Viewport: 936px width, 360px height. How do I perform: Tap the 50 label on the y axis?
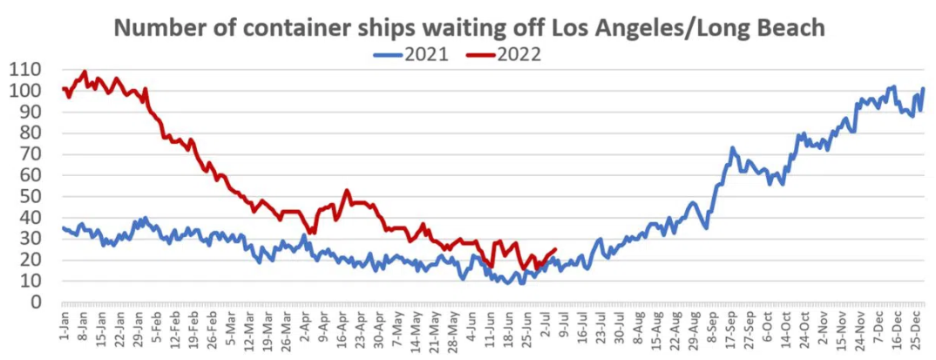point(31,197)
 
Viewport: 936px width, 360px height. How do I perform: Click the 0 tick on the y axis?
point(36,302)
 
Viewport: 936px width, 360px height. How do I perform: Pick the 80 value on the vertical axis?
point(31,133)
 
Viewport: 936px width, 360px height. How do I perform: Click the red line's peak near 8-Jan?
point(85,71)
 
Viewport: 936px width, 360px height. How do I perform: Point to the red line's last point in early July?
point(556,249)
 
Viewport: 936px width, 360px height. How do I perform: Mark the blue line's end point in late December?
point(923,89)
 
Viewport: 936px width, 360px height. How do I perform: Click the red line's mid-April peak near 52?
point(347,190)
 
